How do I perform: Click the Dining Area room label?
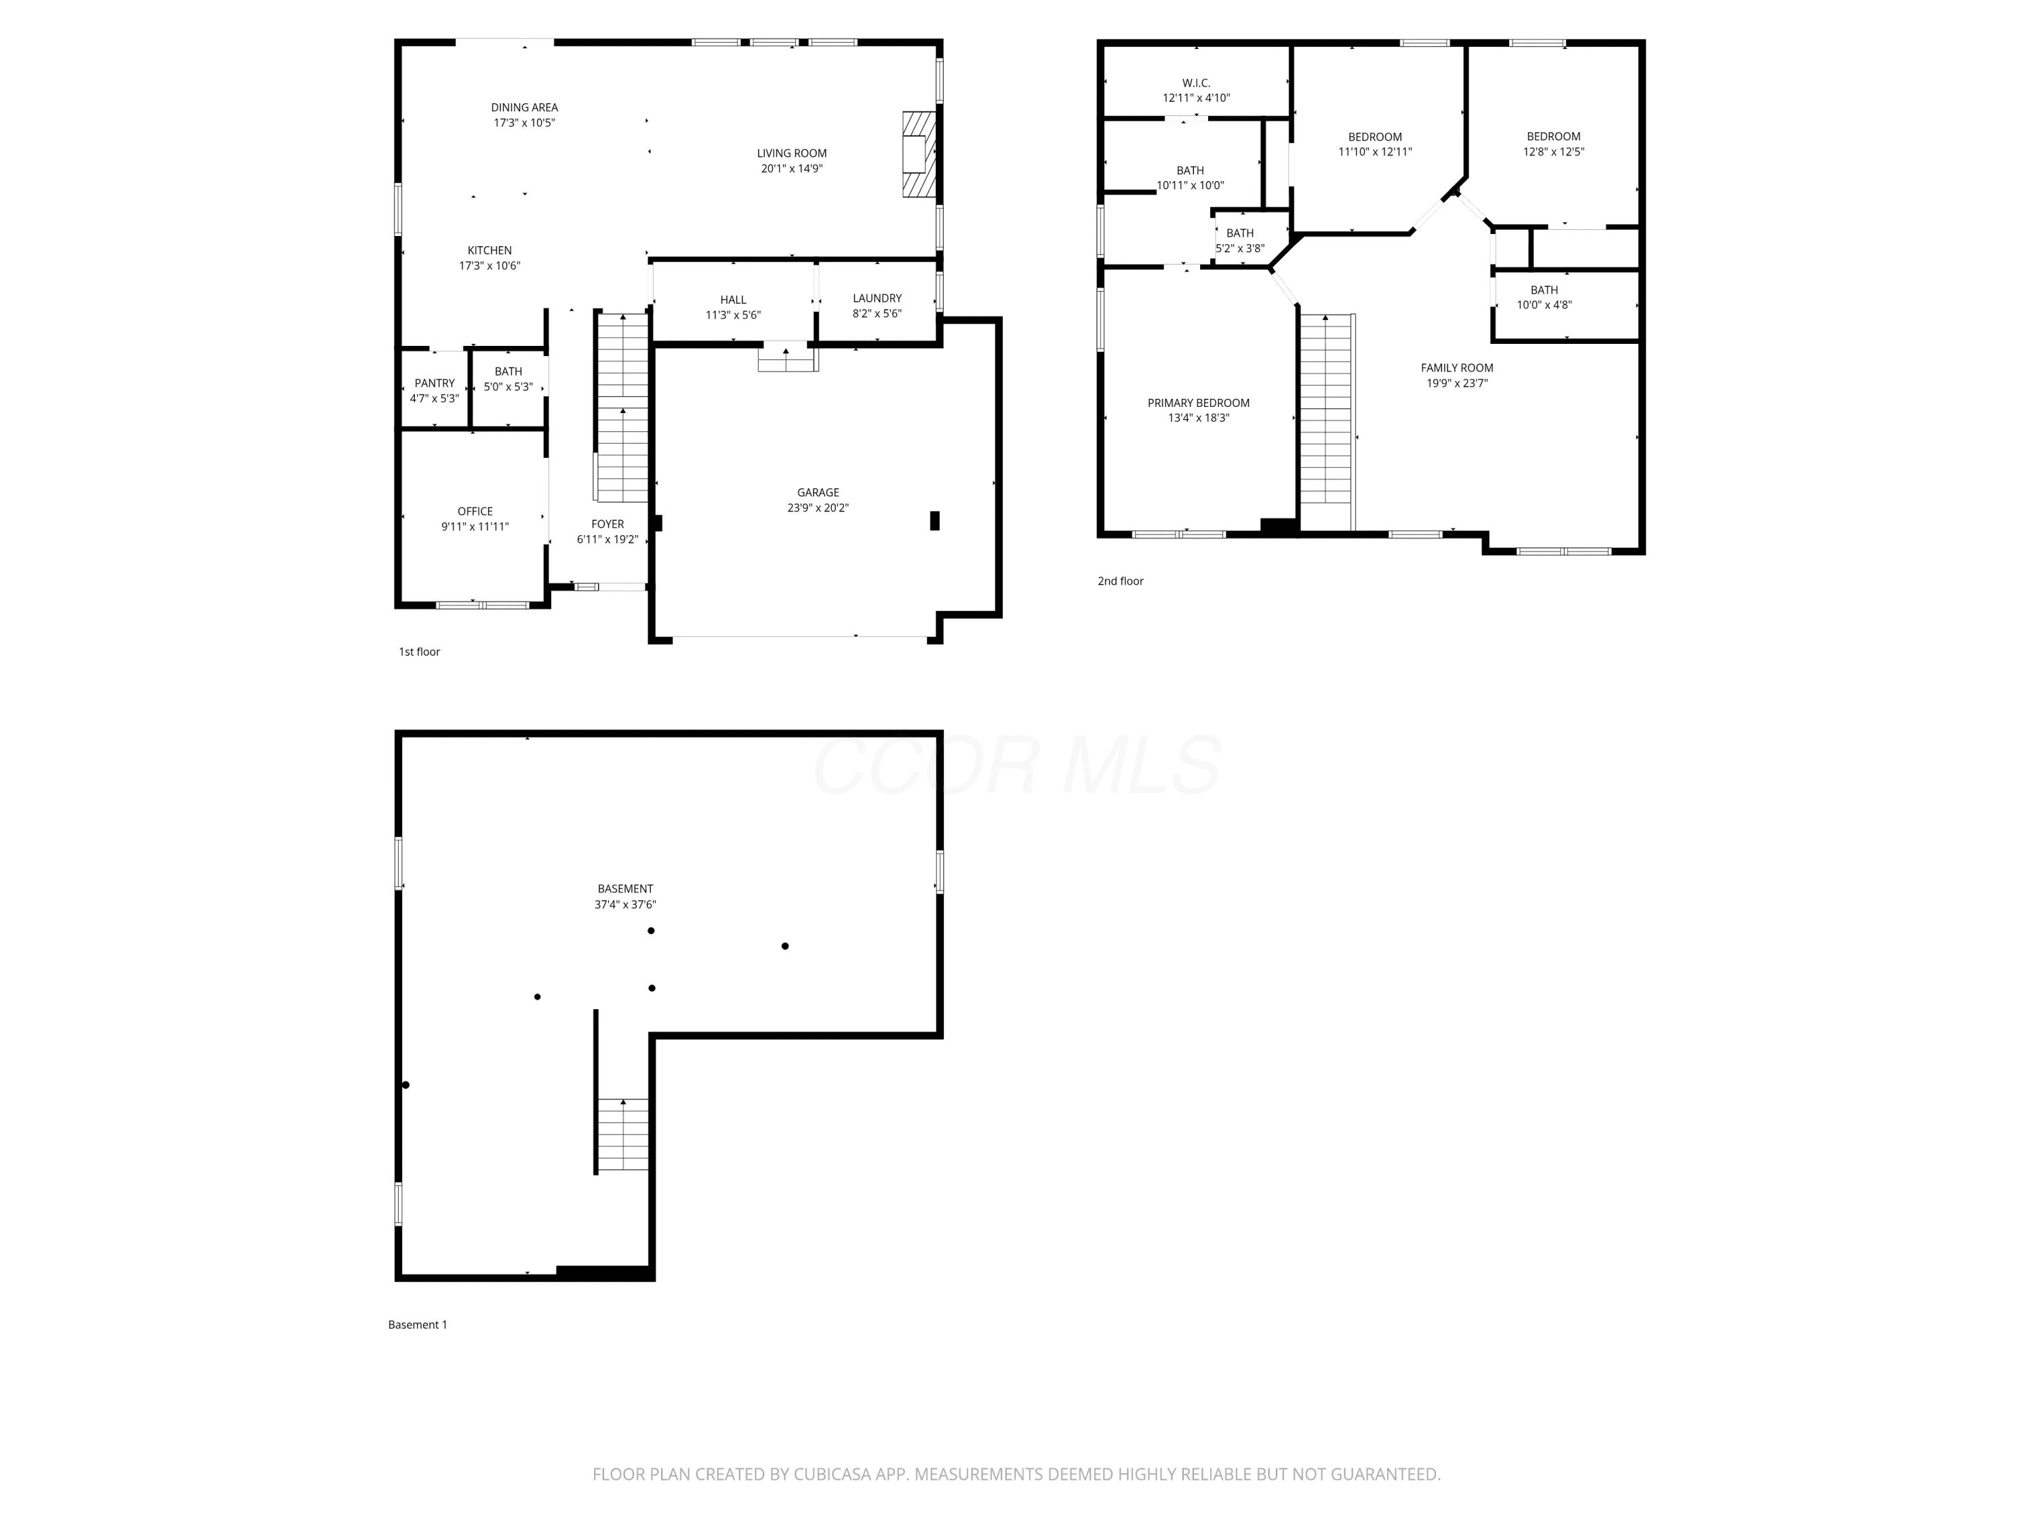tap(524, 108)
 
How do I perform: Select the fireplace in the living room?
tap(919, 155)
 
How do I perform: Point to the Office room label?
tap(475, 511)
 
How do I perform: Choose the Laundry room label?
tap(877, 298)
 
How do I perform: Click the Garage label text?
tap(818, 493)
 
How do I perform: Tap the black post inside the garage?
tap(935, 521)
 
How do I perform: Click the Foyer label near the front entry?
tap(607, 524)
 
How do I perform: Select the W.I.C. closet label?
tap(1196, 83)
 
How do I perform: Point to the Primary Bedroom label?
tap(1198, 403)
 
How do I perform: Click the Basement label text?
tap(625, 889)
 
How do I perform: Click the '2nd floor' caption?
tap(1121, 581)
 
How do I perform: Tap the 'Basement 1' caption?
tap(418, 1325)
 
